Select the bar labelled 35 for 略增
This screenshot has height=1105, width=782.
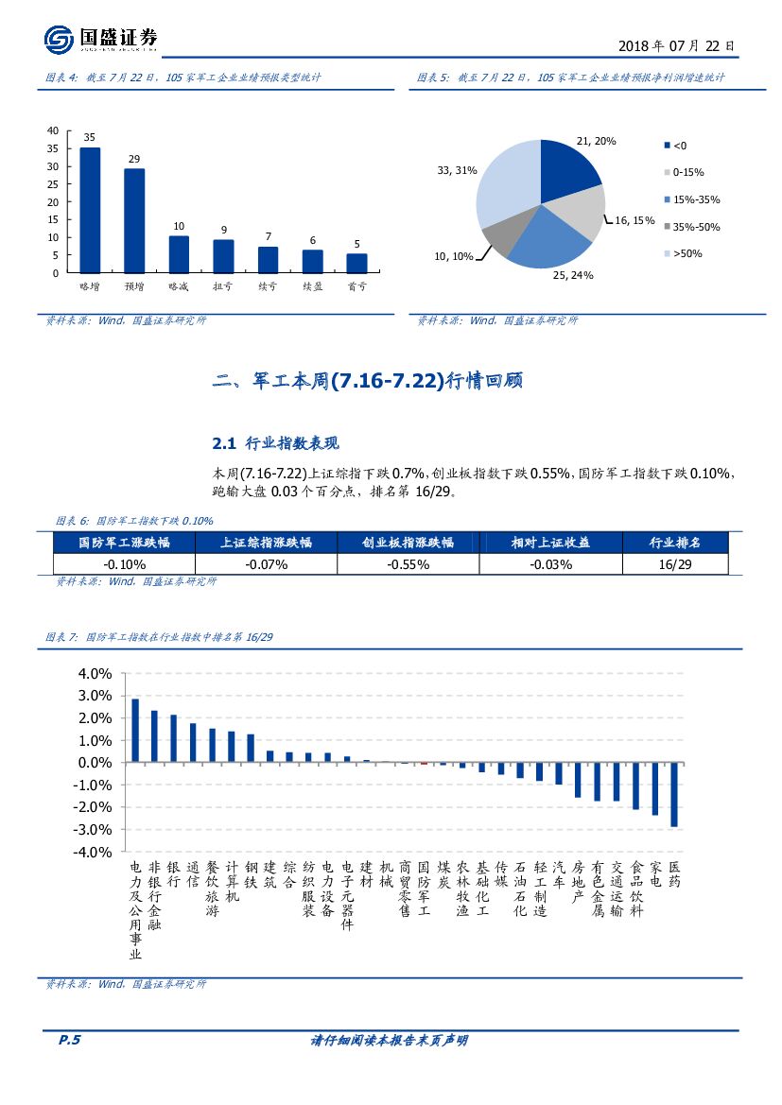90,210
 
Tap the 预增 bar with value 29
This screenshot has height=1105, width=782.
134,220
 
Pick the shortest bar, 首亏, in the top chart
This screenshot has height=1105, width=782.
356,263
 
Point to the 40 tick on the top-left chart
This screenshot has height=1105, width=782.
53,130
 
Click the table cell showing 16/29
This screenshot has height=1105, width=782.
674,564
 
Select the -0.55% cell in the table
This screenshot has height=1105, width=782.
408,564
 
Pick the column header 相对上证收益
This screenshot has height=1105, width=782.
550,543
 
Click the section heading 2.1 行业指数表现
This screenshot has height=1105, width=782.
275,442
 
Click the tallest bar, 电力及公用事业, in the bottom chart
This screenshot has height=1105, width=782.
135,730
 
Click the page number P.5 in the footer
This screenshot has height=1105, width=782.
69,1040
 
